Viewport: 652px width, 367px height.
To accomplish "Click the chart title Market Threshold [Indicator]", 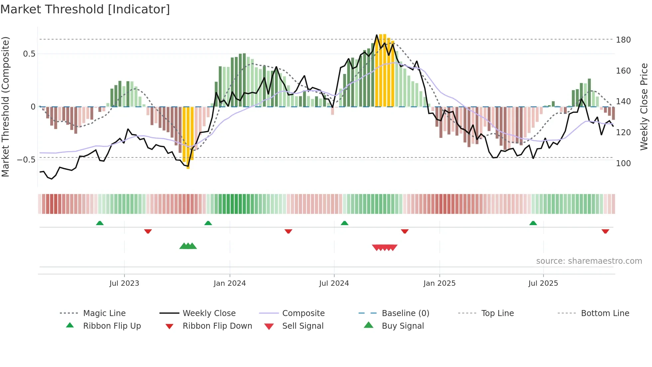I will click(x=85, y=9).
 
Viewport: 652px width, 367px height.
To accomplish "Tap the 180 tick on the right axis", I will click(x=623, y=40).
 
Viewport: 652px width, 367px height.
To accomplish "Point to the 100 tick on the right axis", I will click(x=623, y=164).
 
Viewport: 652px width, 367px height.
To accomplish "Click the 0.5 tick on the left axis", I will click(x=29, y=54).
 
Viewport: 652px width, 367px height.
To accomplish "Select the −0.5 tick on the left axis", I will click(x=26, y=160).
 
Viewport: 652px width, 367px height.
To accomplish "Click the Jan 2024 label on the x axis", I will click(x=230, y=283).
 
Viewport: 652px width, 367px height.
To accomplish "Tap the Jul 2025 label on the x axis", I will click(x=543, y=283).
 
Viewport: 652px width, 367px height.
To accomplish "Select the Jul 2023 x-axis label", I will click(x=124, y=283).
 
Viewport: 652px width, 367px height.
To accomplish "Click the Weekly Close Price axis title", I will click(x=644, y=107).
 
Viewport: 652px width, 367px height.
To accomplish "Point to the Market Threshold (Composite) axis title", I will click(x=5, y=107).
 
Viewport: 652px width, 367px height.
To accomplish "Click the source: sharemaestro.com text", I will click(x=589, y=261).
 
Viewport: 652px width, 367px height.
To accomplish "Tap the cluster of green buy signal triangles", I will click(x=188, y=246).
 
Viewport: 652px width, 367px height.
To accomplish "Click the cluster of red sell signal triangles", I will click(x=385, y=247).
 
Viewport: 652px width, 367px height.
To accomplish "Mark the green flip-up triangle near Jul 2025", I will click(x=533, y=223).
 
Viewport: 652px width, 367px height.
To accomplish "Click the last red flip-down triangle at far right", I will click(x=605, y=231).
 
